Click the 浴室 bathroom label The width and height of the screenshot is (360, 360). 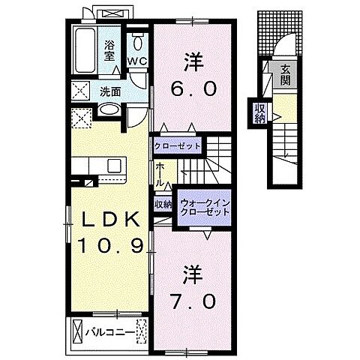(x=110, y=49)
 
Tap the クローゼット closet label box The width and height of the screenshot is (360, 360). (x=178, y=145)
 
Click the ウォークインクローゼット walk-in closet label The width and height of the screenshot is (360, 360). (x=203, y=208)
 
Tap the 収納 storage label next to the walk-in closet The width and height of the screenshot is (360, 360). (x=163, y=203)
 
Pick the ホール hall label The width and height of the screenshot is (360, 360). (x=160, y=175)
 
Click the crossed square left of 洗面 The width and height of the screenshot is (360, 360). (x=81, y=91)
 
